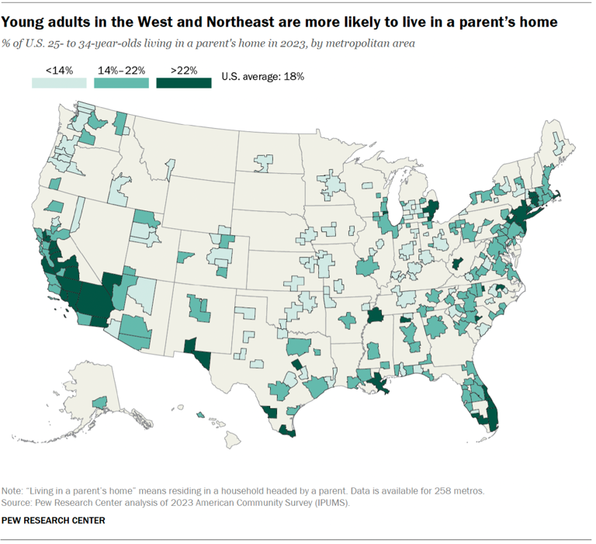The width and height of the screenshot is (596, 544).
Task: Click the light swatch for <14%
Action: coord(59,83)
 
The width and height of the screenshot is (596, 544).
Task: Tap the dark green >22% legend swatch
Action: coord(184,83)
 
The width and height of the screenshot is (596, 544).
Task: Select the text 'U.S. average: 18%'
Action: coord(262,77)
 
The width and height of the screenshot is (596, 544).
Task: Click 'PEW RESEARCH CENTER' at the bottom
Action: coord(54,519)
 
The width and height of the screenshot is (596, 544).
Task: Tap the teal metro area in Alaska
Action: coord(99,401)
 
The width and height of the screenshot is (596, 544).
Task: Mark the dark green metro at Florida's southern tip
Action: coord(492,420)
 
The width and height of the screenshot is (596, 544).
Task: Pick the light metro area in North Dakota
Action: coord(264,164)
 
